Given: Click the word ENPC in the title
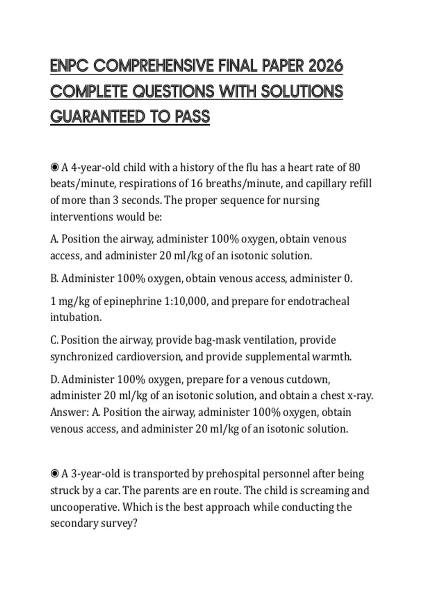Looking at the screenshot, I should click(x=69, y=66).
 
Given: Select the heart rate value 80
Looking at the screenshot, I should click(x=354, y=167).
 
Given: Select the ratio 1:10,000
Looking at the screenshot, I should click(x=186, y=301).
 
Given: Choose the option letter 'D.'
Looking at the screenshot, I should click(x=55, y=380).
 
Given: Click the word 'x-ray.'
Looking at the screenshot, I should click(x=360, y=396).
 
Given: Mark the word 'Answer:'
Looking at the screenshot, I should click(x=69, y=413).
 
